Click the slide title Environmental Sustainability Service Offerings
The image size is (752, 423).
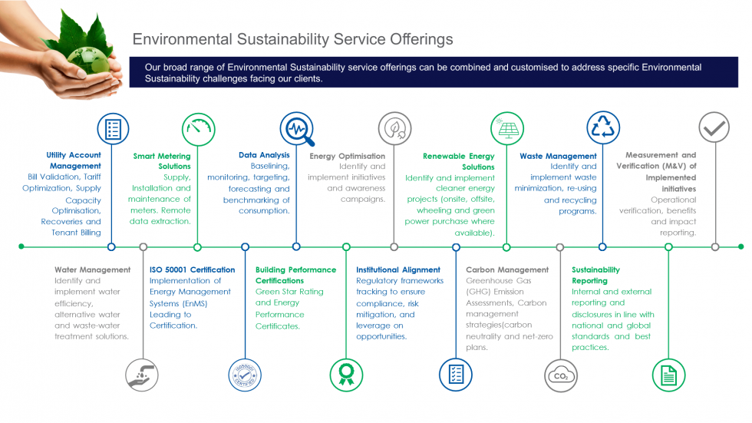point(292,39)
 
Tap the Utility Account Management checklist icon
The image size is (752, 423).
point(112,128)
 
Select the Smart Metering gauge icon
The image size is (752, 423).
point(198,128)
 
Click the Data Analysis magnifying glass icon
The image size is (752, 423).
point(296,129)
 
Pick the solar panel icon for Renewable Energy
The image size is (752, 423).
point(506,128)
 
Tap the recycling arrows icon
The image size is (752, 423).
point(603,128)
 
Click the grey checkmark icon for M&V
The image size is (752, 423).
point(714,128)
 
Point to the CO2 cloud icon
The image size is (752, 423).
point(559,375)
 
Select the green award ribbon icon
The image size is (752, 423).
point(346,375)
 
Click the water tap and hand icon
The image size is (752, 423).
point(143,375)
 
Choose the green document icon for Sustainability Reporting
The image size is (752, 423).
point(668,375)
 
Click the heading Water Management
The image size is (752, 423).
point(92,270)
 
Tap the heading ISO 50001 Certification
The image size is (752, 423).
point(192,270)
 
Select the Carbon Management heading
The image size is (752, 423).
point(507,270)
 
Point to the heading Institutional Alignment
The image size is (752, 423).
point(398,270)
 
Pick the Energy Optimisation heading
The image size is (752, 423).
point(348,156)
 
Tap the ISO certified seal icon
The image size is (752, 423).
point(245,375)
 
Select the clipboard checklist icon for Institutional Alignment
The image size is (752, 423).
point(456,375)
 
